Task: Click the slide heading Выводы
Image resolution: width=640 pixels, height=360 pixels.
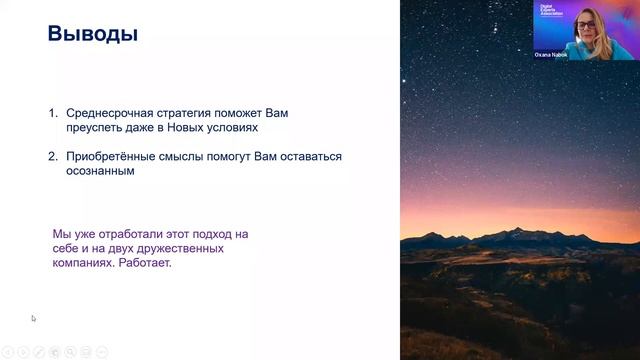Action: click(92, 36)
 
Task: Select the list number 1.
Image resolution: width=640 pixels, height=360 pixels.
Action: click(54, 114)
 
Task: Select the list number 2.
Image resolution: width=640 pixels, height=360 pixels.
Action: click(54, 157)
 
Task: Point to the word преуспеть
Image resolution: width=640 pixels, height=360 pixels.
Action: click(95, 128)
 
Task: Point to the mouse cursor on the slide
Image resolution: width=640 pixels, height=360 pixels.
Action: click(33, 319)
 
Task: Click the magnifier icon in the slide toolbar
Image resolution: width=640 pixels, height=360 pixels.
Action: click(70, 351)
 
